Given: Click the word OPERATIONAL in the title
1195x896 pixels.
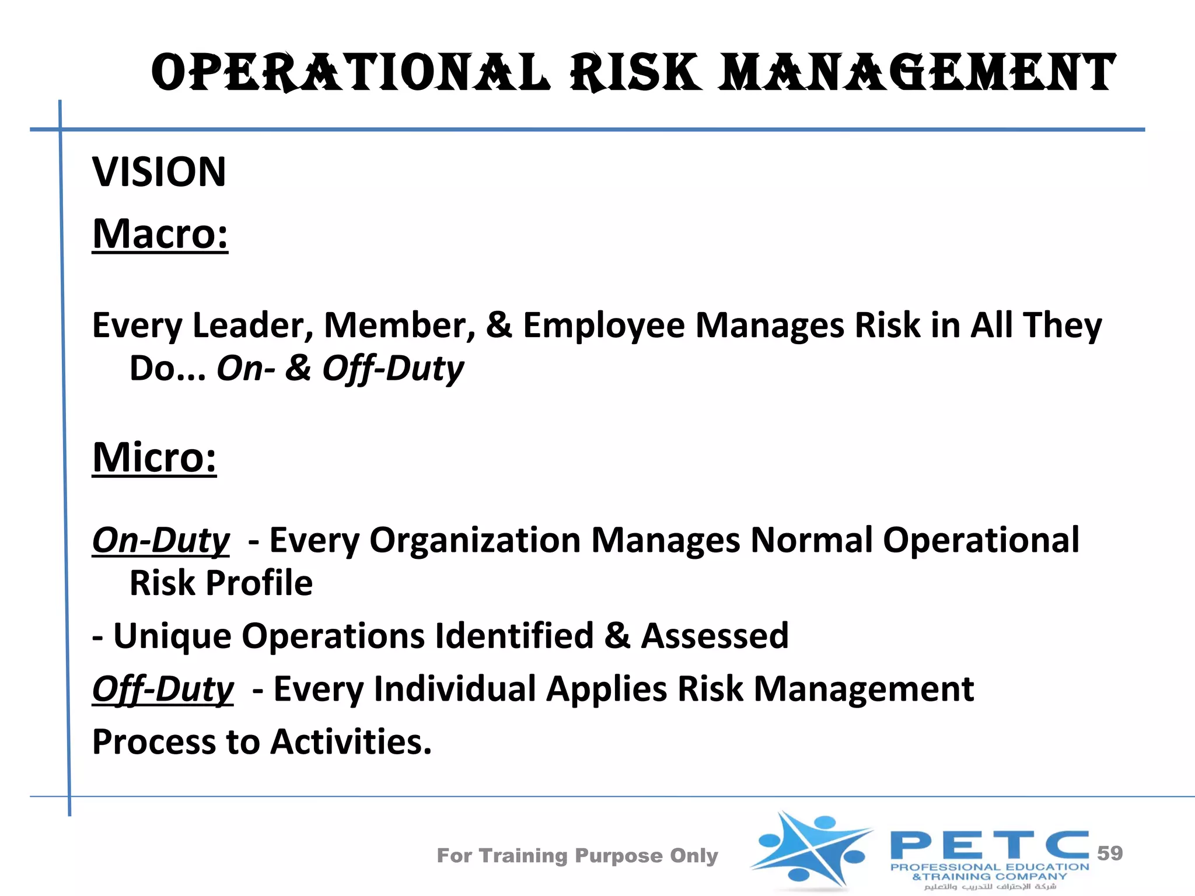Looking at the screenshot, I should (x=350, y=73).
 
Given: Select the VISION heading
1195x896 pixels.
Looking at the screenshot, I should (x=159, y=172).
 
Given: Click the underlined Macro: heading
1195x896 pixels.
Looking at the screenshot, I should (x=160, y=234).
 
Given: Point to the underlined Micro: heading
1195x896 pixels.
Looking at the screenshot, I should (x=154, y=457).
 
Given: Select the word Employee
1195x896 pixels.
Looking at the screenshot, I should (x=603, y=325).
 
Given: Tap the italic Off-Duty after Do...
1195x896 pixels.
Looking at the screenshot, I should (x=393, y=369).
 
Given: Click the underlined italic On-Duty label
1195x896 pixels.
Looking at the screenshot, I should (x=161, y=540).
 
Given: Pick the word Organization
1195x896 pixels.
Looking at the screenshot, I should (x=474, y=540).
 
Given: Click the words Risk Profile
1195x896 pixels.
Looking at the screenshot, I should (x=221, y=583).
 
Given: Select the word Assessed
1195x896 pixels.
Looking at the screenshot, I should (x=715, y=636).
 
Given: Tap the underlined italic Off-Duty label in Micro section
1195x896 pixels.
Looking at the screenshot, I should (x=163, y=689).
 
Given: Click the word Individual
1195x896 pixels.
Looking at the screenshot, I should (x=455, y=689).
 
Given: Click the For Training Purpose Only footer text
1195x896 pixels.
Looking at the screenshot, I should (x=577, y=856).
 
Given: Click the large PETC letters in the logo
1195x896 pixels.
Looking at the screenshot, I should (x=989, y=845).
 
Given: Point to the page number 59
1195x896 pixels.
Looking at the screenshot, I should (x=1109, y=853).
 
